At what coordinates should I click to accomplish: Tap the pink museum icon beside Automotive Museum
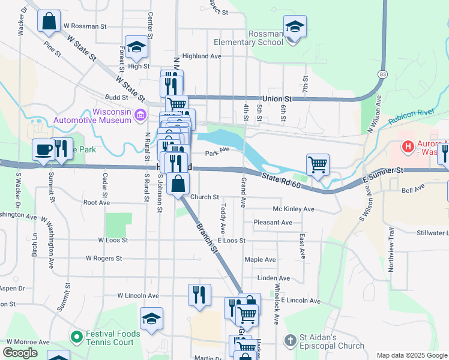[140, 114]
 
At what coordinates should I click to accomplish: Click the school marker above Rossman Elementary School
[295, 27]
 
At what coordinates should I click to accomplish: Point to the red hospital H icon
[408, 146]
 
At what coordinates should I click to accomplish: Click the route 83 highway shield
[382, 74]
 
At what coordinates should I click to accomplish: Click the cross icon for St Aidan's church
[290, 341]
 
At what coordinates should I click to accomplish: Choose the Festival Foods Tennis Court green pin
[76, 338]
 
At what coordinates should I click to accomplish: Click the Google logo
[20, 353]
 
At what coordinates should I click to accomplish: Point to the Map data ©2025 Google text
[411, 355]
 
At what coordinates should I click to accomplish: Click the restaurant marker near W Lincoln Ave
[199, 295]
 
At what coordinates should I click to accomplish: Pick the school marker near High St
[137, 47]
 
